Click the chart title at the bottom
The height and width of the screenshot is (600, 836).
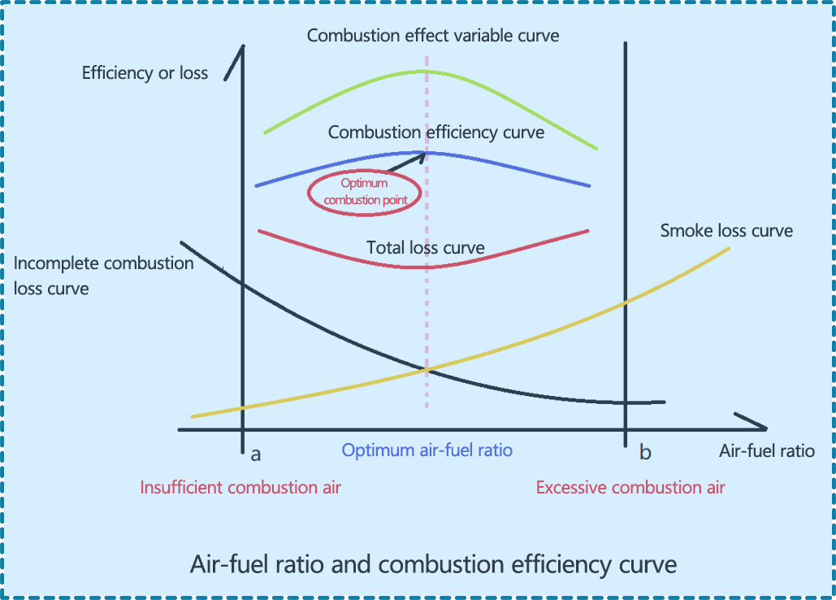click(x=433, y=563)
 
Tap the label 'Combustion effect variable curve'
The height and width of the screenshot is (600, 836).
click(x=433, y=36)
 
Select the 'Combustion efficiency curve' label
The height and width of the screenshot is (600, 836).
click(x=436, y=132)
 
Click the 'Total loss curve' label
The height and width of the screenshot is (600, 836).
click(x=426, y=248)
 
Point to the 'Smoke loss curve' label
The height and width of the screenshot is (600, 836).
click(x=726, y=231)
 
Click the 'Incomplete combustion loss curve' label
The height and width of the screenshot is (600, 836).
click(x=104, y=276)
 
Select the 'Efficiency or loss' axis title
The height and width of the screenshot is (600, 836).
click(x=145, y=73)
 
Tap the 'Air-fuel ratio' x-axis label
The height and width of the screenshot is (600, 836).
click(x=767, y=451)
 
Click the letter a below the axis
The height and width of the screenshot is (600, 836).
click(x=256, y=454)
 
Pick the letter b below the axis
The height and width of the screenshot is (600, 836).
click(x=645, y=453)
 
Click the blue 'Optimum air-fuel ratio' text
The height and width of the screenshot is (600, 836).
click(x=427, y=450)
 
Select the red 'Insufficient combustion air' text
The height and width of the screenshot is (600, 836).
click(x=240, y=488)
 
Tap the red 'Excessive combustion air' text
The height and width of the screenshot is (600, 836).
click(x=630, y=488)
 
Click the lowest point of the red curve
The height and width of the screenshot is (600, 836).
click(x=425, y=267)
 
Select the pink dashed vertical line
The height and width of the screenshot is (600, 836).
click(x=427, y=325)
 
